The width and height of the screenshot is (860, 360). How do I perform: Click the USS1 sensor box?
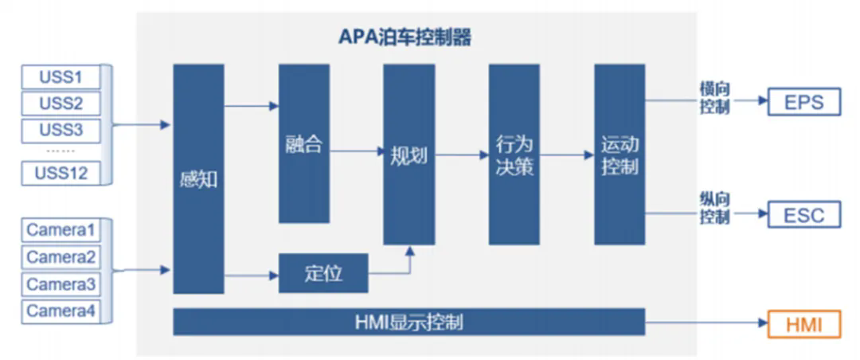click(x=61, y=77)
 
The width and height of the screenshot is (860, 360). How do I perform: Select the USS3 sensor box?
click(x=61, y=129)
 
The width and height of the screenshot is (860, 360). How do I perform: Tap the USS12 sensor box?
click(x=61, y=172)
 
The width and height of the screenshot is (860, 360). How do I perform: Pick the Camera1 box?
click(x=61, y=231)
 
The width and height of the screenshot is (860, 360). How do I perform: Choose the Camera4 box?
click(x=61, y=311)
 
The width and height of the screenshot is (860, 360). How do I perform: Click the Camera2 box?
click(x=61, y=257)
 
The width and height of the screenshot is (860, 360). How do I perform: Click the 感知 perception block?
click(x=198, y=179)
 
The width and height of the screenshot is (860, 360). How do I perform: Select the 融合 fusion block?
click(x=303, y=144)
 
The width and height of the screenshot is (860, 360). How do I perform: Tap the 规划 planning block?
click(x=408, y=155)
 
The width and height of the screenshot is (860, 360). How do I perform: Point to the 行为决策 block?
click(x=514, y=155)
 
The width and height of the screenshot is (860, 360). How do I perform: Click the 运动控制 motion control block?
click(x=619, y=155)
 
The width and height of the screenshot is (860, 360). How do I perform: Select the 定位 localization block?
click(x=323, y=273)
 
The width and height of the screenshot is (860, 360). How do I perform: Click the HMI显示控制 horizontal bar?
click(x=408, y=323)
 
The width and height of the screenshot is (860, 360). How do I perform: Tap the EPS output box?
click(x=804, y=102)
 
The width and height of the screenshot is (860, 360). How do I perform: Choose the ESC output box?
click(x=804, y=215)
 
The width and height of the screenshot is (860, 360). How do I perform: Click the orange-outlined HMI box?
click(x=804, y=324)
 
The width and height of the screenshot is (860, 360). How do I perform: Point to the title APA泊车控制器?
click(x=407, y=37)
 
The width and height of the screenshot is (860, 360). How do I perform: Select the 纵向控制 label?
click(x=714, y=209)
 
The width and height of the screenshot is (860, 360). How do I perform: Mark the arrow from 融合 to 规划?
click(x=357, y=151)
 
